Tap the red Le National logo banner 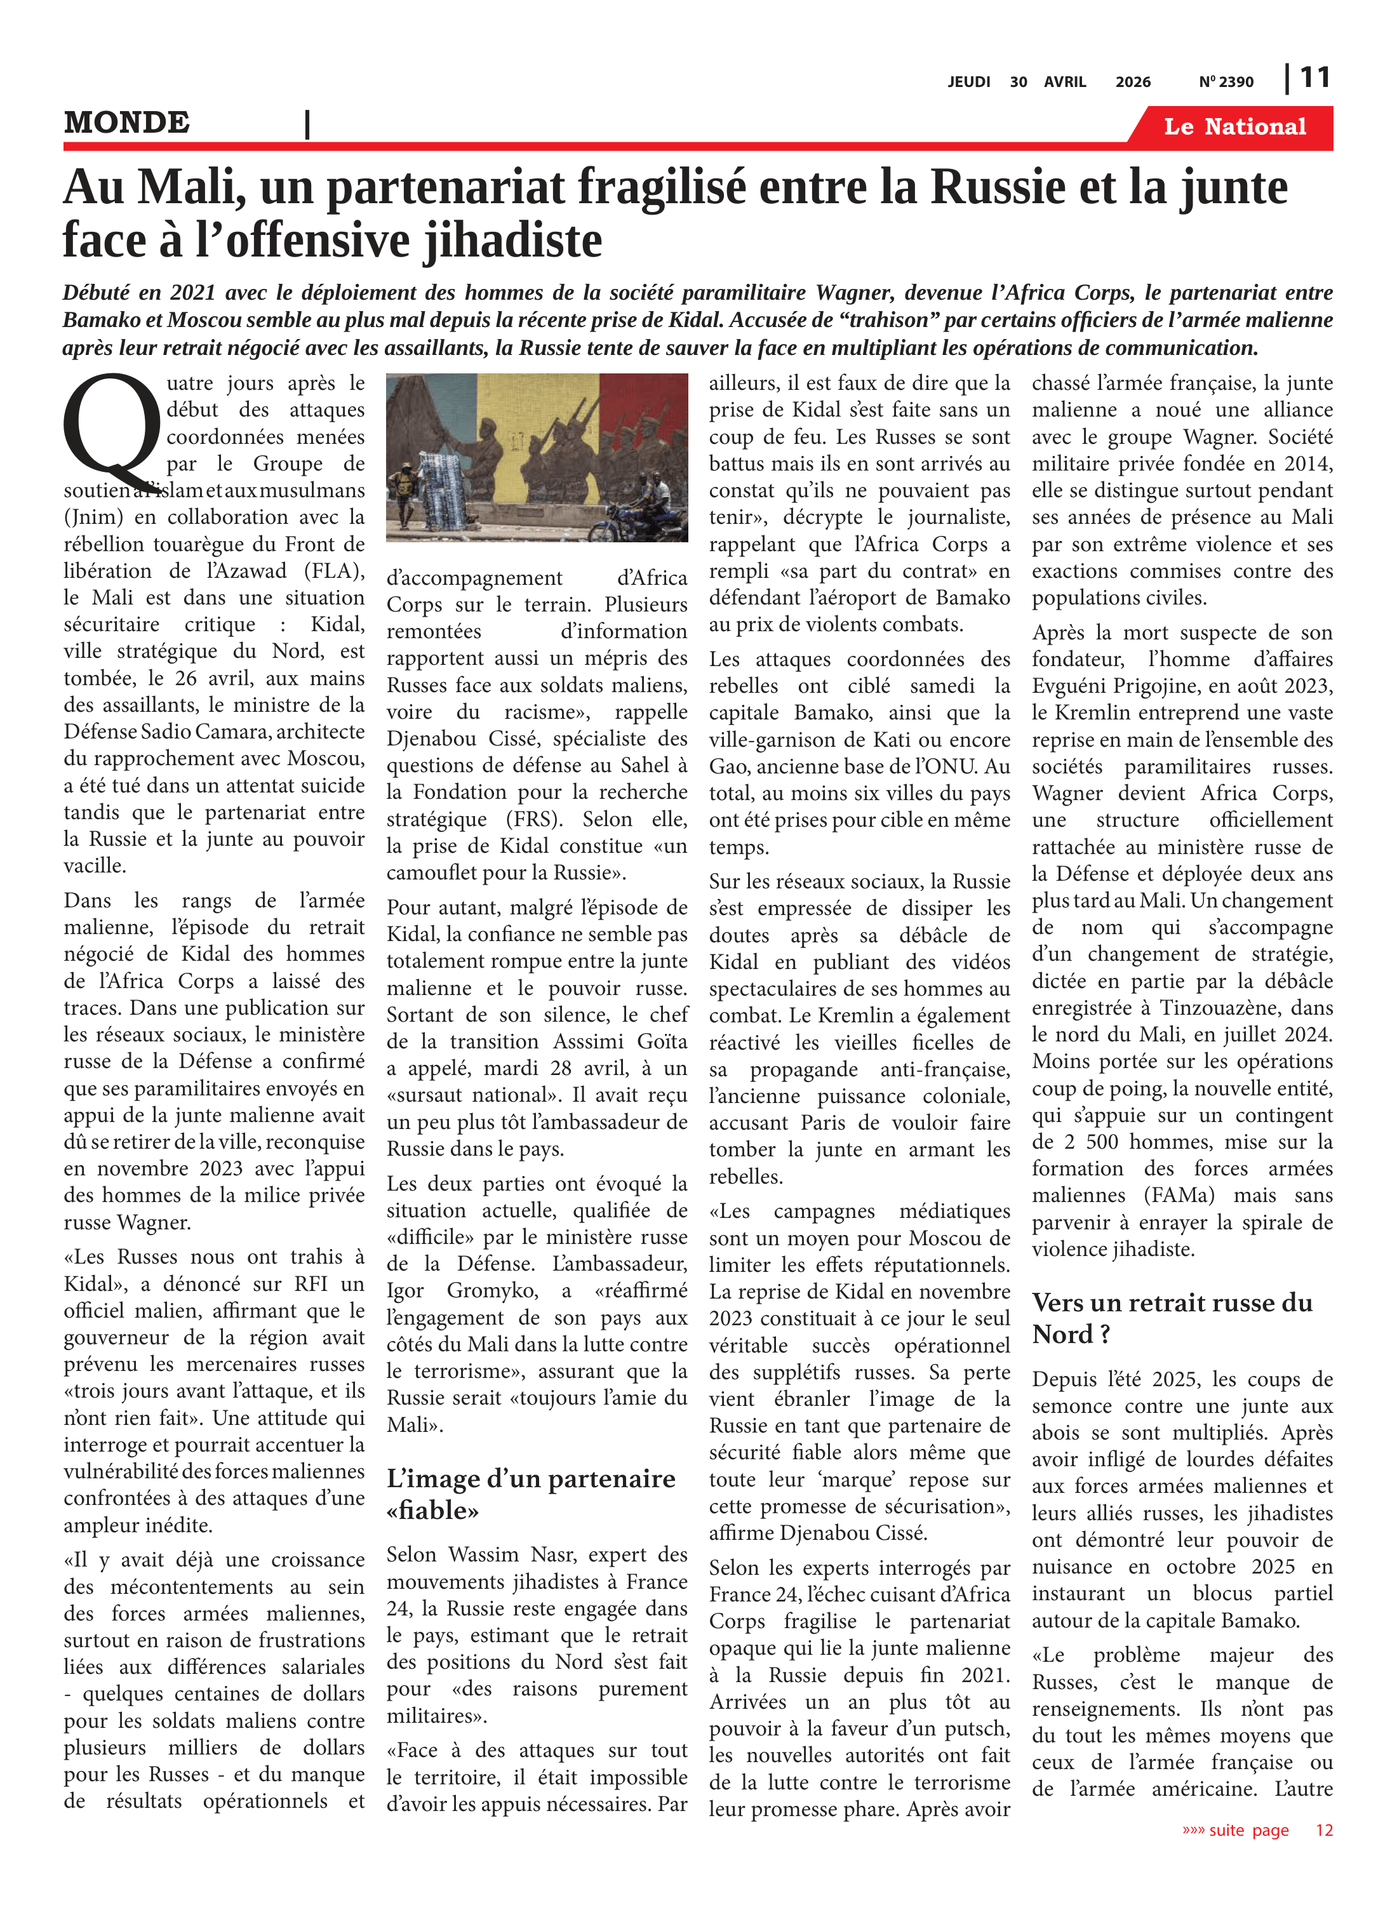pos(1234,127)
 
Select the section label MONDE pos(127,123)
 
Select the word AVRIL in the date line pos(1065,82)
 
